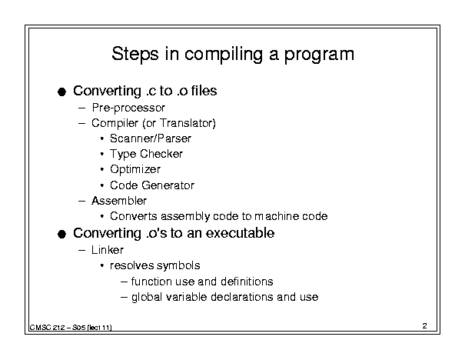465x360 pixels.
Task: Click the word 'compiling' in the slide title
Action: pos(224,55)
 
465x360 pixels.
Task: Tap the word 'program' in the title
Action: pos(319,55)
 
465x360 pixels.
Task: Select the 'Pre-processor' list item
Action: pos(128,108)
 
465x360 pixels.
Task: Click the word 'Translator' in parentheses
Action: pos(186,123)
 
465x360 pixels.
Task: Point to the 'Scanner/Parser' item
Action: pos(151,138)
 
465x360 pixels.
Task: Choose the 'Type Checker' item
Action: pos(146,154)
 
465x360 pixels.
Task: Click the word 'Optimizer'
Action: pos(135,169)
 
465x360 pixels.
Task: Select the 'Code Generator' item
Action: pos(152,185)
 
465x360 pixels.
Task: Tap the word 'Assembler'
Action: pos(119,201)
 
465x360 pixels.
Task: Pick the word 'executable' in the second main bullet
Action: pos(240,233)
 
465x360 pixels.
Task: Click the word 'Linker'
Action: pos(108,250)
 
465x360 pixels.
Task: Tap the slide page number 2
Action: pos(425,326)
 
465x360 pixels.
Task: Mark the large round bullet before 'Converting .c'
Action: pos(61,92)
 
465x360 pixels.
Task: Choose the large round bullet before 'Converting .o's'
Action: pos(61,234)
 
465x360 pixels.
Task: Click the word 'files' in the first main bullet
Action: pos(204,91)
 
